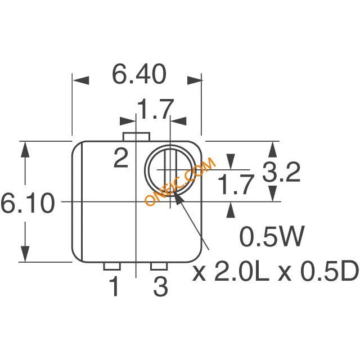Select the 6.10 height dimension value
click(28, 203)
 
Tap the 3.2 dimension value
click(281, 172)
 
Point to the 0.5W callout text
click(272, 236)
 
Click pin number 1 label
click(114, 286)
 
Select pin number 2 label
click(121, 158)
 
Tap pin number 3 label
click(161, 286)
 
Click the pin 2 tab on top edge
click(136, 137)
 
